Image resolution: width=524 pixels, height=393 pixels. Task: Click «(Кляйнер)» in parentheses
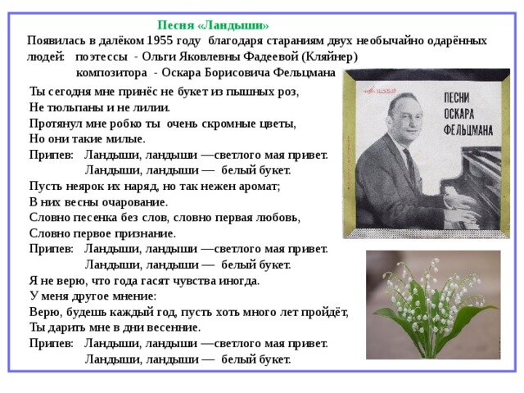click(x=330, y=56)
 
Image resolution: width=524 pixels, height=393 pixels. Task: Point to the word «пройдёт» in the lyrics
click(x=325, y=311)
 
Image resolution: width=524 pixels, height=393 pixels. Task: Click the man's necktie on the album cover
click(x=409, y=165)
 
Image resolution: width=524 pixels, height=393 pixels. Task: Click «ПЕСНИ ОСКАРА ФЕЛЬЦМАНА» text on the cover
click(x=467, y=114)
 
